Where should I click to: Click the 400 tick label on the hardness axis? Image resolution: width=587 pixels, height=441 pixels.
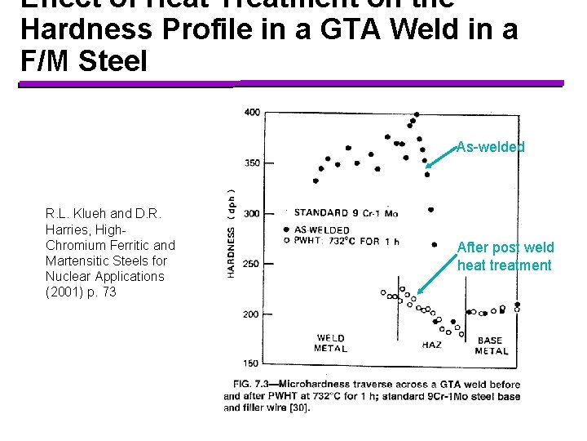pyautogui.click(x=253, y=112)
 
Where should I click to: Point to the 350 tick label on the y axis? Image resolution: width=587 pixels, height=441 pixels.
pyautogui.click(x=253, y=163)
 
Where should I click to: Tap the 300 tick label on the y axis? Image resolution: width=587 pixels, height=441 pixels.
pyautogui.click(x=253, y=213)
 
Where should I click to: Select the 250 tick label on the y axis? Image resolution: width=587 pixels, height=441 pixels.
pyautogui.click(x=253, y=264)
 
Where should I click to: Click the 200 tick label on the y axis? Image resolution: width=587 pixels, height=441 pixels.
pyautogui.click(x=253, y=314)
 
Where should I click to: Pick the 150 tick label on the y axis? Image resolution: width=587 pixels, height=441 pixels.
pyautogui.click(x=253, y=363)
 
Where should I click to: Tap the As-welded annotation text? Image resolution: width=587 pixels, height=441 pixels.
pyautogui.click(x=491, y=147)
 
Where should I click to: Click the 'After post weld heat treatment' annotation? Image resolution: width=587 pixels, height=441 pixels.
pyautogui.click(x=505, y=256)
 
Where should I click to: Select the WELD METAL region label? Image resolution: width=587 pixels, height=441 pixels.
pyautogui.click(x=330, y=343)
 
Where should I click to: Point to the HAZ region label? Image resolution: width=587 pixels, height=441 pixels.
pyautogui.click(x=431, y=345)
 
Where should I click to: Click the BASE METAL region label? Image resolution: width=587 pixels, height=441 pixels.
pyautogui.click(x=491, y=345)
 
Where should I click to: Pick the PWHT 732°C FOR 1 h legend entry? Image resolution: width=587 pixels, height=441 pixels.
pyautogui.click(x=342, y=240)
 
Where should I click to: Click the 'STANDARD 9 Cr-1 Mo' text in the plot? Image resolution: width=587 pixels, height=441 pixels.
pyautogui.click(x=345, y=213)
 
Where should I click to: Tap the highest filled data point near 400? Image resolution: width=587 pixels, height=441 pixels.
pyautogui.click(x=417, y=114)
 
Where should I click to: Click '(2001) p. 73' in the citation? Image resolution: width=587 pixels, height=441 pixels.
pyautogui.click(x=81, y=292)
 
